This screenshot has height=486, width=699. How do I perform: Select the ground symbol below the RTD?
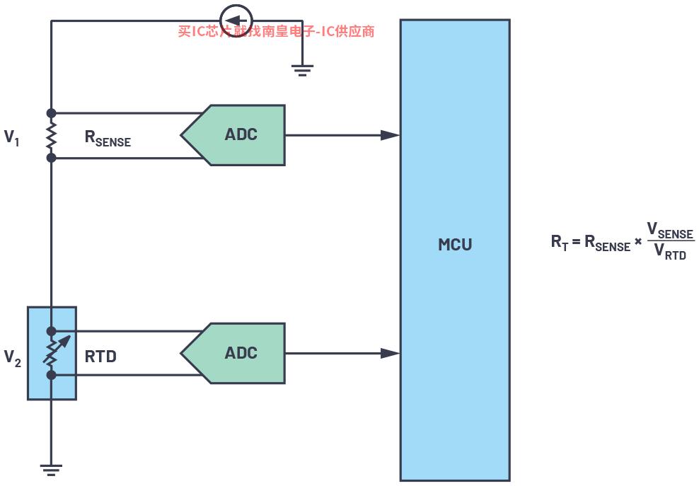click(51, 470)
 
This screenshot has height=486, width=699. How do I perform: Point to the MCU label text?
click(455, 244)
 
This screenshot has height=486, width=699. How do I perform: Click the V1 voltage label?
click(11, 137)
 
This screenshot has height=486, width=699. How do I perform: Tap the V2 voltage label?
click(13, 357)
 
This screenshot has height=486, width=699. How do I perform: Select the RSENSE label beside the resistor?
click(108, 138)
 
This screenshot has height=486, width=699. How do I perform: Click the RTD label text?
click(100, 357)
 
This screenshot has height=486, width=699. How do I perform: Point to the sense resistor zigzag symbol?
click(51, 135)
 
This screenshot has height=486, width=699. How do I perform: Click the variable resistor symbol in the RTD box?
click(54, 353)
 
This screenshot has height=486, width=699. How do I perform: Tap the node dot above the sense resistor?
click(51, 112)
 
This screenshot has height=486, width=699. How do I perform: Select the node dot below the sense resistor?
click(51, 157)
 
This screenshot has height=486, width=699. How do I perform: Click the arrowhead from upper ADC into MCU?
click(390, 135)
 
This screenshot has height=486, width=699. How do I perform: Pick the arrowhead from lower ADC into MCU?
click(390, 354)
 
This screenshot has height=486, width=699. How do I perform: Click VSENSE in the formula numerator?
click(670, 231)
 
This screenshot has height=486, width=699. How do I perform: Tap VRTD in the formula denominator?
click(670, 251)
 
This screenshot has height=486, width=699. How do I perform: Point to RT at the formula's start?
click(560, 243)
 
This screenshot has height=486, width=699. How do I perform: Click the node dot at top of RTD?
click(51, 331)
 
